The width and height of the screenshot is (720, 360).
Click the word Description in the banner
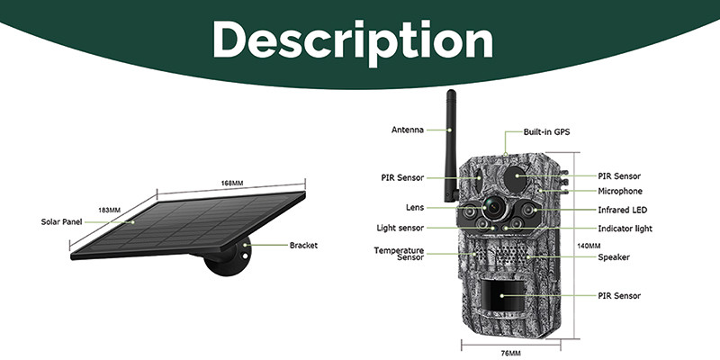pyautogui.click(x=353, y=41)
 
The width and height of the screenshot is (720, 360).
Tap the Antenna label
pyautogui.click(x=408, y=130)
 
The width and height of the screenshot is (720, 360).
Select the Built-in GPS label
pyautogui.click(x=546, y=132)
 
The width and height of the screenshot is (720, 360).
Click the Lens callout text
pyautogui.click(x=415, y=208)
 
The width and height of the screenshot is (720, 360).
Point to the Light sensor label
pyautogui.click(x=400, y=228)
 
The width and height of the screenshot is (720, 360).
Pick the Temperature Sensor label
pyautogui.click(x=399, y=254)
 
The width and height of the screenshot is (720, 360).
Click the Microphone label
pyautogui.click(x=620, y=191)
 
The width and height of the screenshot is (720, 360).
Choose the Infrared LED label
pyautogui.click(x=622, y=210)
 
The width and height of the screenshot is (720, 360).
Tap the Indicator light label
pyautogui.click(x=625, y=229)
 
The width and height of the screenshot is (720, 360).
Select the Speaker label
pyautogui.click(x=614, y=257)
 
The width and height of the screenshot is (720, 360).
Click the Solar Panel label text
pyautogui.click(x=61, y=221)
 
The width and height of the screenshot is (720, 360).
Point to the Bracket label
pyautogui.click(x=303, y=245)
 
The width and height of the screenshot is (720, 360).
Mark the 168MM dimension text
pyautogui.click(x=232, y=184)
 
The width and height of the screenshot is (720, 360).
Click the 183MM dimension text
pyautogui.click(x=109, y=211)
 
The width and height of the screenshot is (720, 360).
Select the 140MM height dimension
pyautogui.click(x=589, y=246)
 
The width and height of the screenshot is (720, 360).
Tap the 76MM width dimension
pyautogui.click(x=510, y=353)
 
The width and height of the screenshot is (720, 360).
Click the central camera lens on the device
pyautogui.click(x=493, y=208)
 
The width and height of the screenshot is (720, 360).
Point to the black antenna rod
pyautogui.click(x=451, y=146)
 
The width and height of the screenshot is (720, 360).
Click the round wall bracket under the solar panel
pyautogui.click(x=229, y=257)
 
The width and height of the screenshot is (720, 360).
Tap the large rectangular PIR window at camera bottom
pyautogui.click(x=503, y=295)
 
